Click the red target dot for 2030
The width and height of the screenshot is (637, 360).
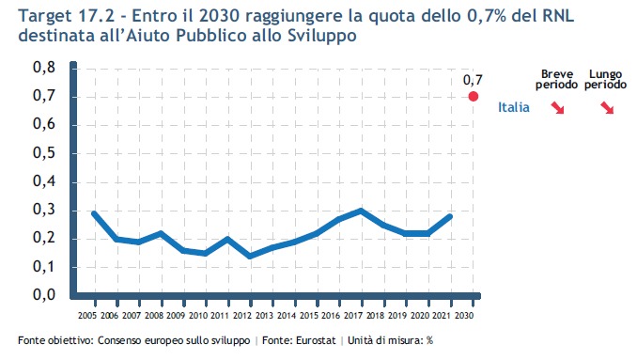point(473,96)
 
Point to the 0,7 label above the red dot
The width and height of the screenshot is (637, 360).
point(473,80)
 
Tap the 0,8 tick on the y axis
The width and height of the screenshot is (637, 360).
point(44,68)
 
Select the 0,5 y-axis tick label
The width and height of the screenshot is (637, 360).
point(44,153)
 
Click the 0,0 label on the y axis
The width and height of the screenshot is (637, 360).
point(44,294)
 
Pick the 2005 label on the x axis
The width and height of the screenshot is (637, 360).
point(87,315)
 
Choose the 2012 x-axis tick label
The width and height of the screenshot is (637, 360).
point(242,315)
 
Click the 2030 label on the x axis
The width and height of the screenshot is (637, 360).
point(464,315)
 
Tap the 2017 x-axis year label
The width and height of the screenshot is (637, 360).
point(353,315)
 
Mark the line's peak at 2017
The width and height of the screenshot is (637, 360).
point(361,211)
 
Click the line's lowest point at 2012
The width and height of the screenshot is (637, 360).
point(250,257)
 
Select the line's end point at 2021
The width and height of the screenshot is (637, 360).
point(450,216)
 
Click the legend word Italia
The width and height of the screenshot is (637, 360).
point(514,107)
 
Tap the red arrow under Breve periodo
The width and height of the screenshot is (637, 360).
point(557,108)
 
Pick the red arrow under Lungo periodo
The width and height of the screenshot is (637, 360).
point(607,108)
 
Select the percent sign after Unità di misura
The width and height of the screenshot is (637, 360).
point(429,340)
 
